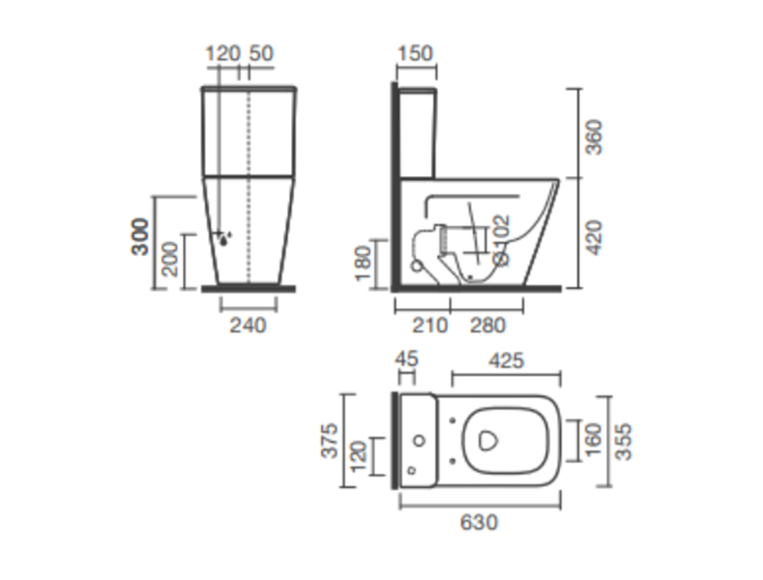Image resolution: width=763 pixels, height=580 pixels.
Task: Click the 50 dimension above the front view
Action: (x=261, y=53)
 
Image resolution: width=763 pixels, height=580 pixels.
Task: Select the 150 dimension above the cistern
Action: (x=415, y=53)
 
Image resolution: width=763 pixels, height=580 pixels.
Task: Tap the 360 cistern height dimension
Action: (x=594, y=137)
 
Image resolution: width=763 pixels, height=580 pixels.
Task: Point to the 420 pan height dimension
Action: (x=594, y=238)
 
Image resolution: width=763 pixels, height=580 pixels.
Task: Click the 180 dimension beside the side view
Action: (x=364, y=264)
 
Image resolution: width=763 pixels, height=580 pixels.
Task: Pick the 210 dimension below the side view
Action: (x=429, y=325)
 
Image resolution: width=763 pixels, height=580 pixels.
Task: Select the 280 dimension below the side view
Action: (x=487, y=325)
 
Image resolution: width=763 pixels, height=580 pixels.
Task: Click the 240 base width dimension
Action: (x=248, y=325)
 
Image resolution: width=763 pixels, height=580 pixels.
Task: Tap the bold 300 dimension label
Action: (x=140, y=237)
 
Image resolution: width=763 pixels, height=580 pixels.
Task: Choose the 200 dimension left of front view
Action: (x=170, y=259)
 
